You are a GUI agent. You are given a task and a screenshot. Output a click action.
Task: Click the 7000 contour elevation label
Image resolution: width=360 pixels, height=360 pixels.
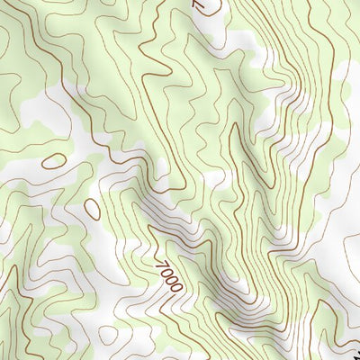(168, 275)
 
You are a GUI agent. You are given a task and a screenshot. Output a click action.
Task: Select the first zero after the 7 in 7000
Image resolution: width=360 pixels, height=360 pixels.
(166, 273)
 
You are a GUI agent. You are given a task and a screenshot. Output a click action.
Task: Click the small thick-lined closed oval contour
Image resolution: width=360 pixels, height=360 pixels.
(54, 162)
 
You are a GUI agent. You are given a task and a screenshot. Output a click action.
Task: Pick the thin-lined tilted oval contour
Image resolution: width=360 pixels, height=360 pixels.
(92, 209)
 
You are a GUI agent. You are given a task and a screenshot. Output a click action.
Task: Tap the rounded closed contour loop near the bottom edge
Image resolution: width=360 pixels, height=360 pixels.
(107, 335)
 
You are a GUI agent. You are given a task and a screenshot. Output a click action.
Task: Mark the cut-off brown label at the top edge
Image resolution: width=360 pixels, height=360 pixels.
(200, 4)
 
